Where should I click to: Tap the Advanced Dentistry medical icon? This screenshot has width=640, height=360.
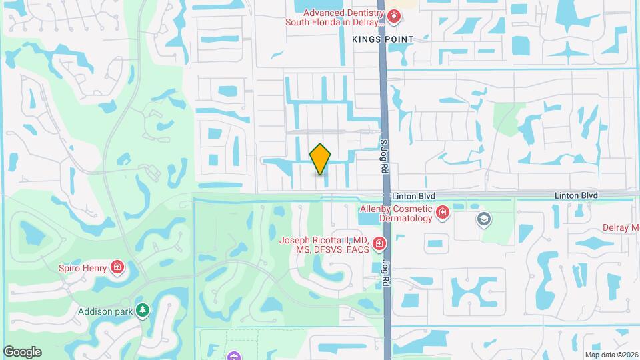click(394, 17)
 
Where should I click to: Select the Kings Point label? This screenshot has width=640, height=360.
click(383, 39)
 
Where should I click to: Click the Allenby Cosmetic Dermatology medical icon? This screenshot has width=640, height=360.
click(441, 213)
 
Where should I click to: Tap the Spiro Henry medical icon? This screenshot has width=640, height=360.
click(117, 268)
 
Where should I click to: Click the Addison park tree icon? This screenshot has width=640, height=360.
click(141, 311)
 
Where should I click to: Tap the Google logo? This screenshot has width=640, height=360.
click(22, 351)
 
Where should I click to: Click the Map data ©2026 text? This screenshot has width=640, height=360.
click(611, 355)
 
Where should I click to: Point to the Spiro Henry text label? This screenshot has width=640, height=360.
click(83, 268)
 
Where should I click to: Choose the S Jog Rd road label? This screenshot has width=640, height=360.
click(384, 156)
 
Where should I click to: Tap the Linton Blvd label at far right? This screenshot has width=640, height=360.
click(576, 195)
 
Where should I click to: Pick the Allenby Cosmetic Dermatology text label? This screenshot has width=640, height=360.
click(396, 213)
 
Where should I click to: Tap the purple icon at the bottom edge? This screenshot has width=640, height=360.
click(232, 356)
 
